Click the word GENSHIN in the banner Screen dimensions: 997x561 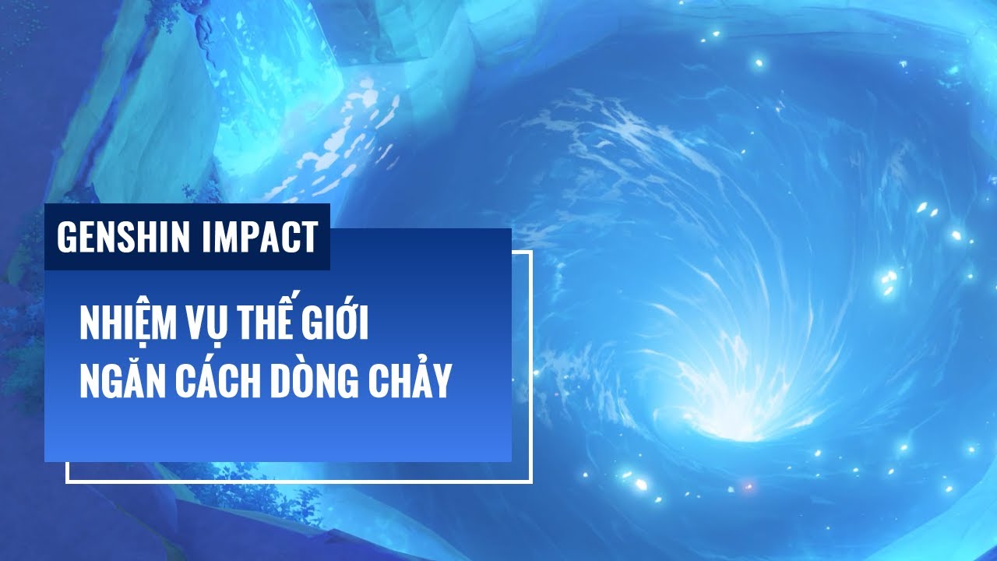tap(123, 237)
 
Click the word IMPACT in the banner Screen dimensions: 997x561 tap(259, 237)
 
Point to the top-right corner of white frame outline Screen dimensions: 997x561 tap(532, 251)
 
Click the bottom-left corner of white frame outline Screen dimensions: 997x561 tap(66, 482)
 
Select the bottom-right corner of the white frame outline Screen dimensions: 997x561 tap(532, 482)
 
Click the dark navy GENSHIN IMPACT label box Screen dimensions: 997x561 tap(187, 237)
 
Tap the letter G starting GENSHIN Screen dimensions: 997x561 tap(65, 237)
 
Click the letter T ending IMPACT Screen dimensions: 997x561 tap(310, 237)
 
